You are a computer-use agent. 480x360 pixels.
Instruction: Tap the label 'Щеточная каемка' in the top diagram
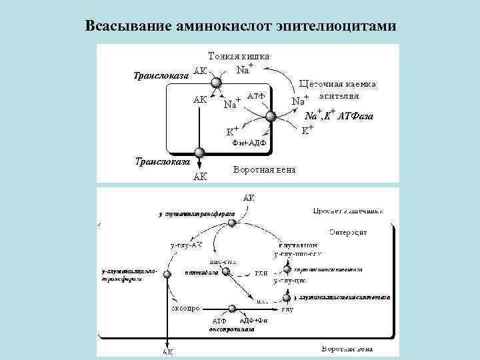coord(338,85)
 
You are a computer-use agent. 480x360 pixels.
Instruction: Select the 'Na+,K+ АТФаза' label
coord(345,117)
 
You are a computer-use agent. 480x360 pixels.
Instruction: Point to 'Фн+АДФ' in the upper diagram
coord(249,143)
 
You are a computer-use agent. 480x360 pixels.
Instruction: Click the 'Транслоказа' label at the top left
coord(157,75)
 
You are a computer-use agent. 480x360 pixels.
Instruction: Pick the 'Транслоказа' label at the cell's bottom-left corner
coord(163,161)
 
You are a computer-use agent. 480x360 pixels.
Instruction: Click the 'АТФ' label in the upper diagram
coord(257,97)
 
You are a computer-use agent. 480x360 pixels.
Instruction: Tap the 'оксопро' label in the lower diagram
coord(182,309)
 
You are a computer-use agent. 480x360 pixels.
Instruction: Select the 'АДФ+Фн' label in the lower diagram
coord(253,321)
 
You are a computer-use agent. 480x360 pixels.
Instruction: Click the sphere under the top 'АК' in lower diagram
coord(231,223)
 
